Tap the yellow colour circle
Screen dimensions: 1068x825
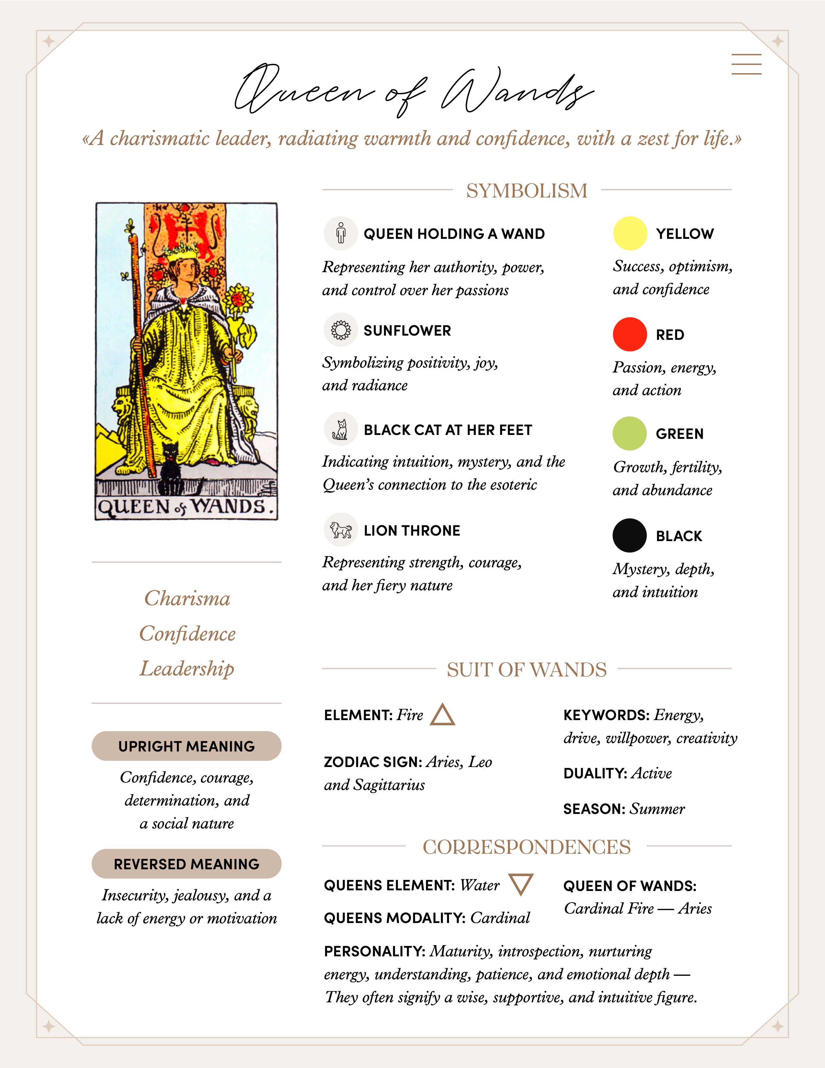[x=630, y=233]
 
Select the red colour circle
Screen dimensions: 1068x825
[x=630, y=335]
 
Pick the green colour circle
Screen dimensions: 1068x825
[x=630, y=433]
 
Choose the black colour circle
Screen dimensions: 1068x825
[x=630, y=536]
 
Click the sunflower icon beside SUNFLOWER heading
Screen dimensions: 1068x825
[x=341, y=330]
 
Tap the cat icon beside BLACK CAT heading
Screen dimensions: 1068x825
[x=341, y=429]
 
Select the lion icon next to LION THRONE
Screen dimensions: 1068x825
[x=341, y=529]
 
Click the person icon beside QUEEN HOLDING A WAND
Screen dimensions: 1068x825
[x=341, y=233]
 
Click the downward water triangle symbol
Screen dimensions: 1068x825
[x=521, y=884]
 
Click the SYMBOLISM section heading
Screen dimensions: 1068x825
[x=526, y=190]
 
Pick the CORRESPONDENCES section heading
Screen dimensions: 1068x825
[x=526, y=847]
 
